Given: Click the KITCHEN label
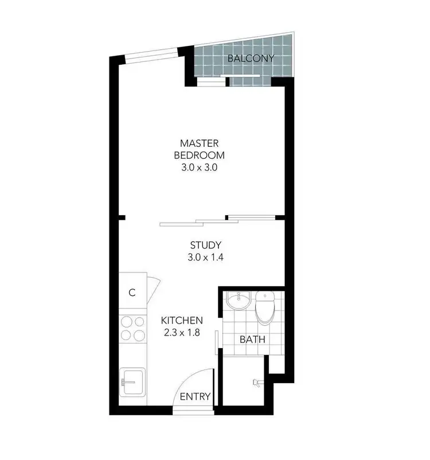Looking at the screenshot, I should [x=182, y=320].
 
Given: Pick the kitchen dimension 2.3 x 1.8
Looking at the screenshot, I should [x=182, y=333].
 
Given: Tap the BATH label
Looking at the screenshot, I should [x=252, y=339].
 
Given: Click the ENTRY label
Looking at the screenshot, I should [x=196, y=396].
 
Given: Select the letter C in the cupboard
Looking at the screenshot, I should [x=131, y=293].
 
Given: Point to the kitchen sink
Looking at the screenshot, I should [x=132, y=383].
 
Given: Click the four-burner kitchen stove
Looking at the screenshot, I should [x=132, y=329].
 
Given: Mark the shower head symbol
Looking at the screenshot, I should [x=256, y=383].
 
